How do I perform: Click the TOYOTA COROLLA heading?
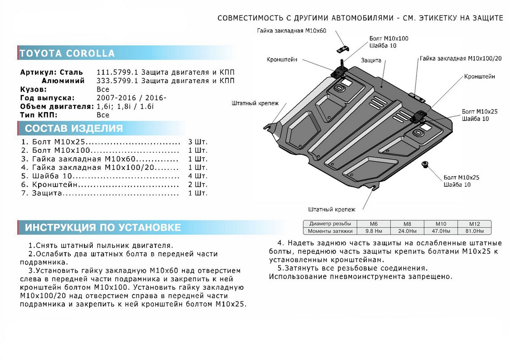pos(67,53)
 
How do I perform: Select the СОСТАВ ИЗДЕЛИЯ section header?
pos(74,129)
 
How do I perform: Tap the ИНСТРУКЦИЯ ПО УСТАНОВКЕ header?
pos(103,228)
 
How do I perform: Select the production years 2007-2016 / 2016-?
pos(131,98)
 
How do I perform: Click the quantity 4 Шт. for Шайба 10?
pos(197,176)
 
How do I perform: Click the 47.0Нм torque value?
pos(440,231)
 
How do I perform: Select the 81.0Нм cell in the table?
pos(474,231)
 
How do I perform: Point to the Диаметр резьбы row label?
pos(330,224)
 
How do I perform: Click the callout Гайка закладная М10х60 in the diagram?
pos(291,31)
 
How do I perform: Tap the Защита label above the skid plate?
pos(372,61)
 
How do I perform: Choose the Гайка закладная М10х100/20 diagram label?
pos(461,59)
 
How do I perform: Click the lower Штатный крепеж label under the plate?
pos(332,209)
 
